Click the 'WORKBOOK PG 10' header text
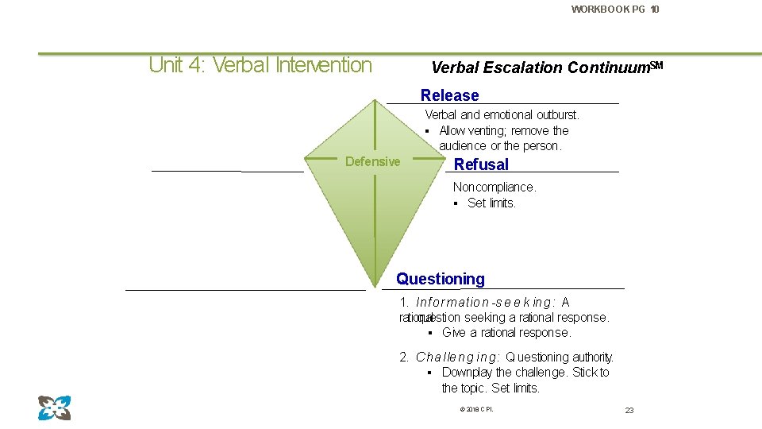pos(614,10)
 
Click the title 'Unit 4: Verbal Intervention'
pos(260,65)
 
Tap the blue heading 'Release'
pos(449,95)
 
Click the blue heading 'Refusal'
pos(481,164)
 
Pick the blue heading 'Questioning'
pos(440,279)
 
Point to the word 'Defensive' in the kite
pos(372,162)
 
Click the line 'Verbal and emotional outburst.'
pos(502,115)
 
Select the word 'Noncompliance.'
pos(494,187)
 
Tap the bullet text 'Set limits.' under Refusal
pos(491,203)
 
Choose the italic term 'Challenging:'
pos(457,357)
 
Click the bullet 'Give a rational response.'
pos(506,333)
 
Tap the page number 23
pos(629,410)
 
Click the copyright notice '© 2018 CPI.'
pos(475,409)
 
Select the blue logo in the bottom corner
pos(54,408)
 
